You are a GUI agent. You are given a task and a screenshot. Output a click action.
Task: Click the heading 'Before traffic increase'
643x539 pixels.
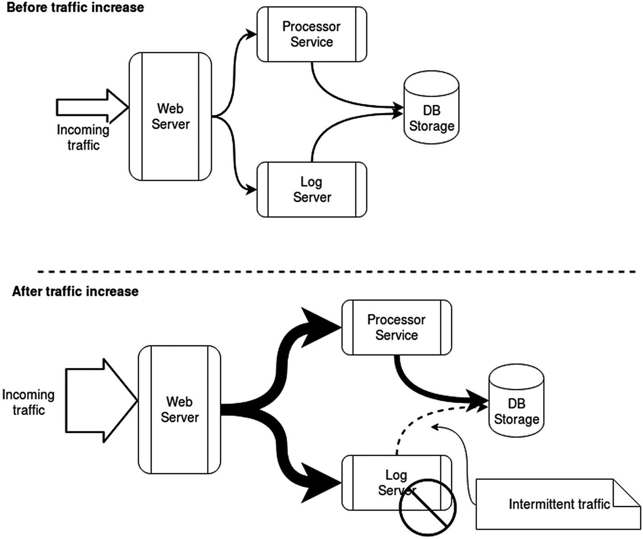(75, 8)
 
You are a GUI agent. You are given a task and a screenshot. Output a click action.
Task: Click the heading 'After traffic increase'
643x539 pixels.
(75, 292)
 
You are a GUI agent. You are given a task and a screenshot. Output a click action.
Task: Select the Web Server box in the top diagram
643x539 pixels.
(170, 116)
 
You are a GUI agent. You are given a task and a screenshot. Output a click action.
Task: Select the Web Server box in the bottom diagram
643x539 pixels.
(179, 409)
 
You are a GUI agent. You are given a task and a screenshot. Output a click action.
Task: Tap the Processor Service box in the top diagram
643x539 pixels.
(311, 34)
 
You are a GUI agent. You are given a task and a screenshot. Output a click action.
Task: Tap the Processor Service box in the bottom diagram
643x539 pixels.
(396, 327)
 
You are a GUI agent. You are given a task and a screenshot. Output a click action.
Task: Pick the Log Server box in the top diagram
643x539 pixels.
(311, 190)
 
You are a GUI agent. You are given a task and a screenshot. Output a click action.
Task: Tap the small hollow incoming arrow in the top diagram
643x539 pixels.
(93, 107)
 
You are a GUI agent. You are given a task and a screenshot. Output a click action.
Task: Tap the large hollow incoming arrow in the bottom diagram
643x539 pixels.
(101, 400)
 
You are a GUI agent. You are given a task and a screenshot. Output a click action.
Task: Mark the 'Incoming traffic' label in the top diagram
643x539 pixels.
(83, 137)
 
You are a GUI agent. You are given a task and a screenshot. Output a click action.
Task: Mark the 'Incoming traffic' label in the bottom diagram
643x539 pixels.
(28, 402)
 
